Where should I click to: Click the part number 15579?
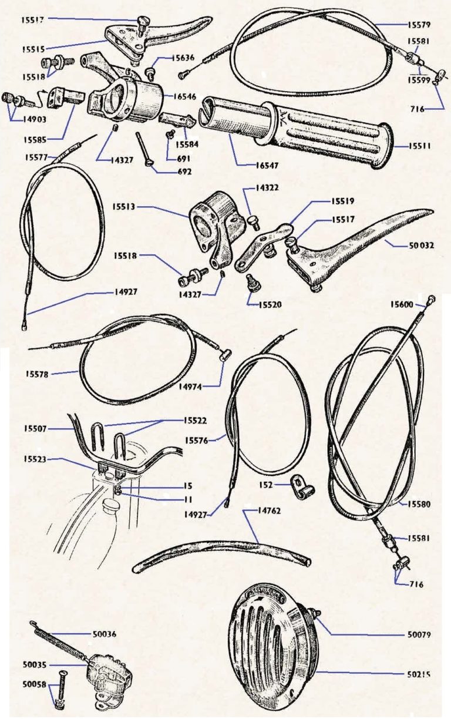coord(419,25)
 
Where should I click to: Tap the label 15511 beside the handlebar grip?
coord(419,145)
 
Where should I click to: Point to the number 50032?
coord(422,246)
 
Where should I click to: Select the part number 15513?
coord(124,207)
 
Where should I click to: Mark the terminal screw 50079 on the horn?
coord(318,615)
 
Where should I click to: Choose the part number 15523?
coord(36,459)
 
